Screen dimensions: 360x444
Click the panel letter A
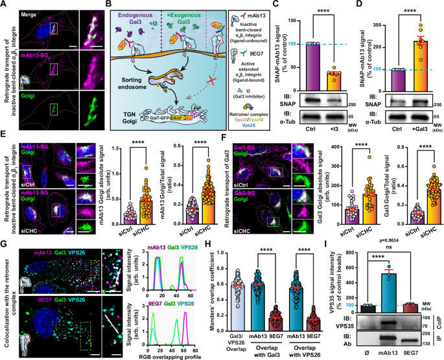(x=5, y=5)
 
